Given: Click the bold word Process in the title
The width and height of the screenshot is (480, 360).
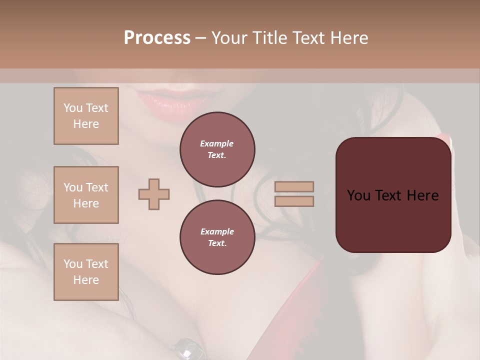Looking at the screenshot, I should tap(157, 38).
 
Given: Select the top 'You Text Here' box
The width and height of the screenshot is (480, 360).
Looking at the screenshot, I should tap(86, 116).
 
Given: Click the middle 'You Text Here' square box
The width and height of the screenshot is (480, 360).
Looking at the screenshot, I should tap(86, 195).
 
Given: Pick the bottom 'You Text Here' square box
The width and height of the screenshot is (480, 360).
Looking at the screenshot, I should tap(86, 272).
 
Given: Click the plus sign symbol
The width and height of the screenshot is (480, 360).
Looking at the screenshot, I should tap(154, 194).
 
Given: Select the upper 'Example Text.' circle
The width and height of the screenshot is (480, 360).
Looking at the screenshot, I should tap(217, 149).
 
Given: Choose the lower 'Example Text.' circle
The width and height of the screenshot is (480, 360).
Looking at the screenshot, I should tap(217, 237).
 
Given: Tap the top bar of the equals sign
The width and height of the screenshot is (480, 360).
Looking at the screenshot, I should tap(294, 187).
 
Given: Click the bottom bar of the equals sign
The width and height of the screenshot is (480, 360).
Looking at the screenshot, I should tap(294, 201).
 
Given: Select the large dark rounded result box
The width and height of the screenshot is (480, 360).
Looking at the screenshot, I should tap(393, 195).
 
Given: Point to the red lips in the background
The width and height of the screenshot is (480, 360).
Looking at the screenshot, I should tap(165, 97).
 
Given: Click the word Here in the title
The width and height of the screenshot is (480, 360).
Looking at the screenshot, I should tap(350, 38).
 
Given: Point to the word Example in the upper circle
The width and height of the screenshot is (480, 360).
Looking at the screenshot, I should tap(216, 143).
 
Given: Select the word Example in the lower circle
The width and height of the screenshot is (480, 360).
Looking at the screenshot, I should tap(217, 231).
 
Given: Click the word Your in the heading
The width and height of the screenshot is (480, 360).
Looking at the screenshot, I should tap(228, 38).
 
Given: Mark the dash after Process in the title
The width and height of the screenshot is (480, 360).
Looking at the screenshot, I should tap(200, 38).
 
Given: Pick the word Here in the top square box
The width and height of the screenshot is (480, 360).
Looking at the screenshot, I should tap(86, 124).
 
